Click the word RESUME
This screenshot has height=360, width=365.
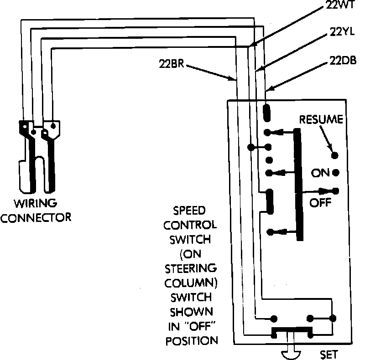pos(321,120)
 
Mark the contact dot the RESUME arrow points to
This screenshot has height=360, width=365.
pos(335,156)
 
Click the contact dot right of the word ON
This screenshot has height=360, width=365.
pos(336,173)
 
